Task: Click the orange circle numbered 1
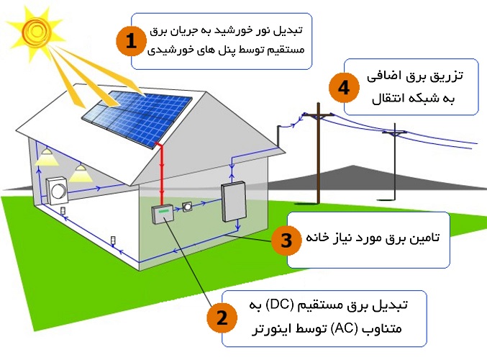pos(131,41)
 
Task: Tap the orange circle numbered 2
pos(222,318)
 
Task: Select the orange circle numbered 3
pos(286,240)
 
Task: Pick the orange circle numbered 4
pos(344,88)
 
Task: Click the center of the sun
pos(37,30)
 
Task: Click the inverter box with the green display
pos(163,214)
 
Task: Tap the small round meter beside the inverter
pos(187,206)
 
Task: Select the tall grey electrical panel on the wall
pos(234,201)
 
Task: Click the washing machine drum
pos(58,191)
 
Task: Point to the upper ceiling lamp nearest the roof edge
pos(47,157)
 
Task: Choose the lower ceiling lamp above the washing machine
pos(81,174)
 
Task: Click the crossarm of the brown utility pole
pos(319,115)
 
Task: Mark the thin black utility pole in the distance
pos(394,162)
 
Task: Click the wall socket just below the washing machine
pos(63,211)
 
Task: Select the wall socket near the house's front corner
pos(113,241)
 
